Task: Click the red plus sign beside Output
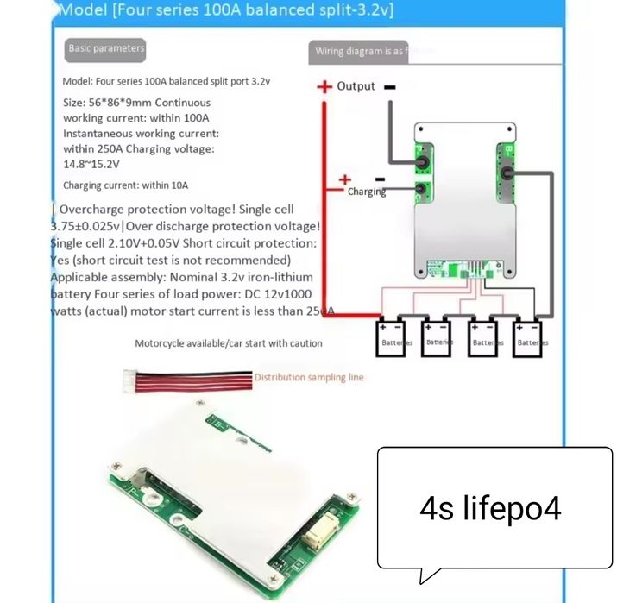click(x=324, y=86)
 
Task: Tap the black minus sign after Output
click(x=390, y=86)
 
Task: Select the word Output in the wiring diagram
click(x=356, y=86)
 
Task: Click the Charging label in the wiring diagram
click(x=367, y=192)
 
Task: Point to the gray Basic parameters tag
click(x=106, y=48)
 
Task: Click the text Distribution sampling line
click(x=309, y=377)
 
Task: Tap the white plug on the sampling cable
click(x=132, y=379)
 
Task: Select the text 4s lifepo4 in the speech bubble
click(x=490, y=508)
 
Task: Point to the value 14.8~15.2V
click(x=91, y=164)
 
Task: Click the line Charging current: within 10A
click(x=126, y=185)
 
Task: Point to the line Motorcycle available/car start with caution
click(x=229, y=343)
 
